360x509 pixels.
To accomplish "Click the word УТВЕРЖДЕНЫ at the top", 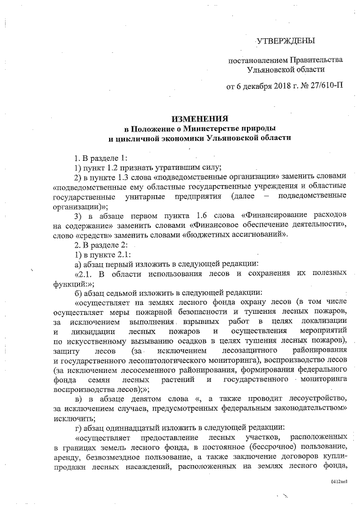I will click(285, 40).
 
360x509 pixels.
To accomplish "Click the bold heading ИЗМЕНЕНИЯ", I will click(200, 119).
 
